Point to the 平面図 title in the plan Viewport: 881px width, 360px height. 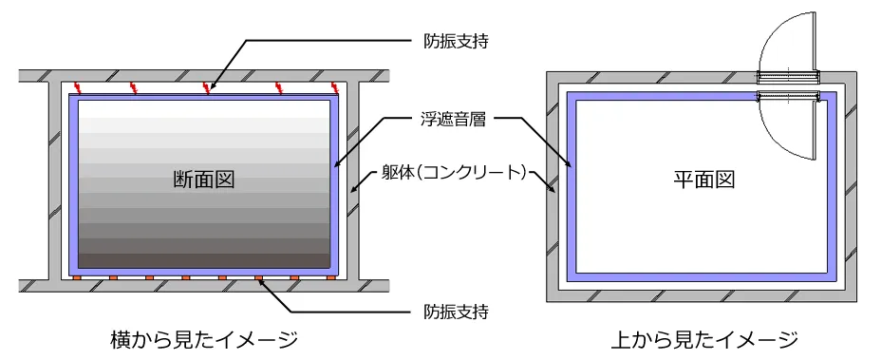704,178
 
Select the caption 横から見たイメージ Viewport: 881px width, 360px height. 202,339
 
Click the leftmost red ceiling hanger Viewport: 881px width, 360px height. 80,88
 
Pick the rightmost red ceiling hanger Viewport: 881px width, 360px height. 334,88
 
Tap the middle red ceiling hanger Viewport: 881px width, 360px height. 207,88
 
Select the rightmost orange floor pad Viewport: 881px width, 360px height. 329,277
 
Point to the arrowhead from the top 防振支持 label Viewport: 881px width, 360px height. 211,91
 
